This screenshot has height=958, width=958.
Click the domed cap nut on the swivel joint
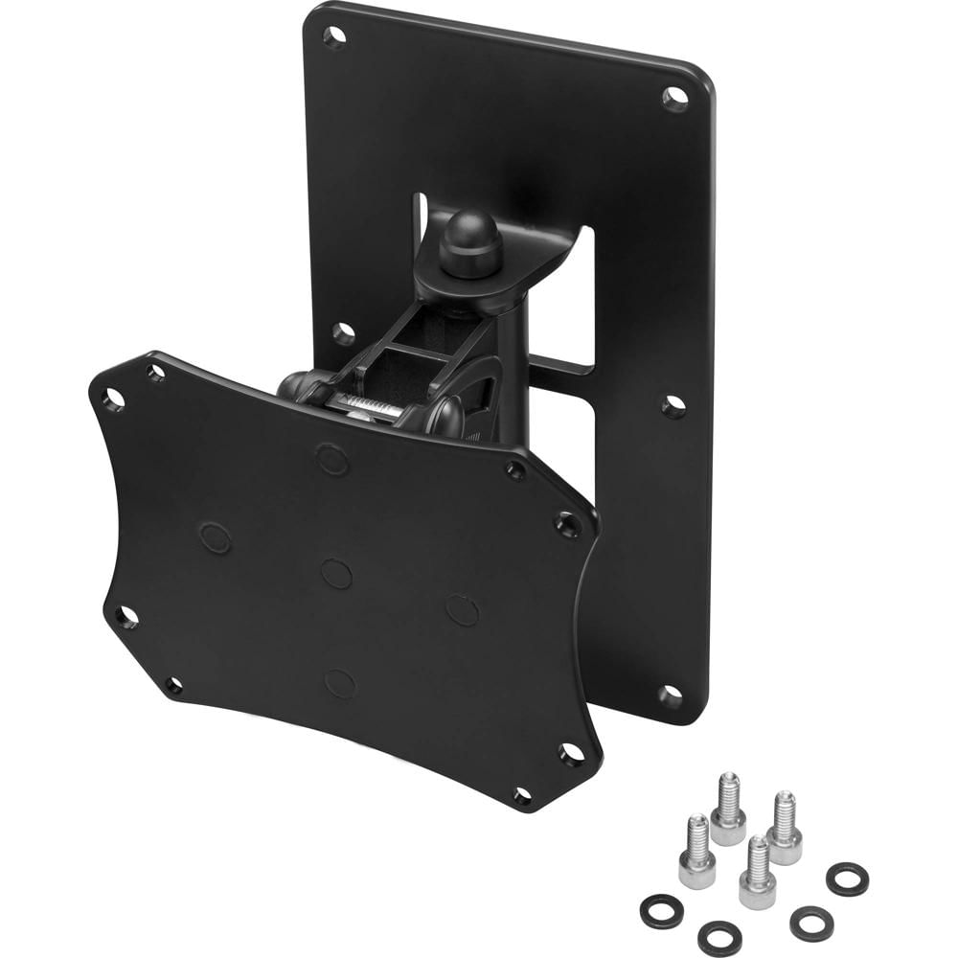point(470,240)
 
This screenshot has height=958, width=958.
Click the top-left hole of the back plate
point(333,37)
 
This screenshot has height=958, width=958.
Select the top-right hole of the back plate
point(675,97)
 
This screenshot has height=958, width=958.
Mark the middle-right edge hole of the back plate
point(673,406)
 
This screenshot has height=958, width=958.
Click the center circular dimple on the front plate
point(336,574)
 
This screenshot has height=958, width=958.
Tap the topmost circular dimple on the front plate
point(332,459)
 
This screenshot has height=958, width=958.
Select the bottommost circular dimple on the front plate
point(340,682)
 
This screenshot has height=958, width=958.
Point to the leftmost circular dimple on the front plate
point(216,536)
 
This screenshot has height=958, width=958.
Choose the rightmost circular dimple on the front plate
point(463,610)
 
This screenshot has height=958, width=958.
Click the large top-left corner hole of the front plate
point(114,399)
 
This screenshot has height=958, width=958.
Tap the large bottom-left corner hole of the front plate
point(125,617)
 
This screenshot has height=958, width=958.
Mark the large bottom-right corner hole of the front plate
point(572,755)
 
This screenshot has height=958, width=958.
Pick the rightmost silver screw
point(786,827)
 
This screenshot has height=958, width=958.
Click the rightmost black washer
point(847,878)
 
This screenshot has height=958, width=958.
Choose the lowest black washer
point(721,938)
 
